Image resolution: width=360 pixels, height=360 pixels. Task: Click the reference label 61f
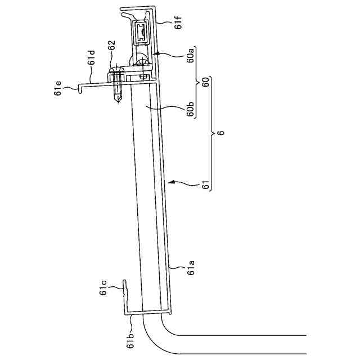tap(178, 22)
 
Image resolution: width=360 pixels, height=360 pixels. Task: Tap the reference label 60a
tap(190, 55)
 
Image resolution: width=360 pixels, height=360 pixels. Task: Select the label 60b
tap(190, 109)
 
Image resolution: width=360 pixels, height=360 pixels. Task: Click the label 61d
tap(91, 57)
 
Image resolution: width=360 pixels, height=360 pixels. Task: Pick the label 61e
tap(57, 88)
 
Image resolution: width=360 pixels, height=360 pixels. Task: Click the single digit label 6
tap(220, 133)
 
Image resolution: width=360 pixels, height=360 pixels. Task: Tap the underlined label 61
tap(206, 185)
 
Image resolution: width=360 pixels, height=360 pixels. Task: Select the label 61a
tap(191, 268)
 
